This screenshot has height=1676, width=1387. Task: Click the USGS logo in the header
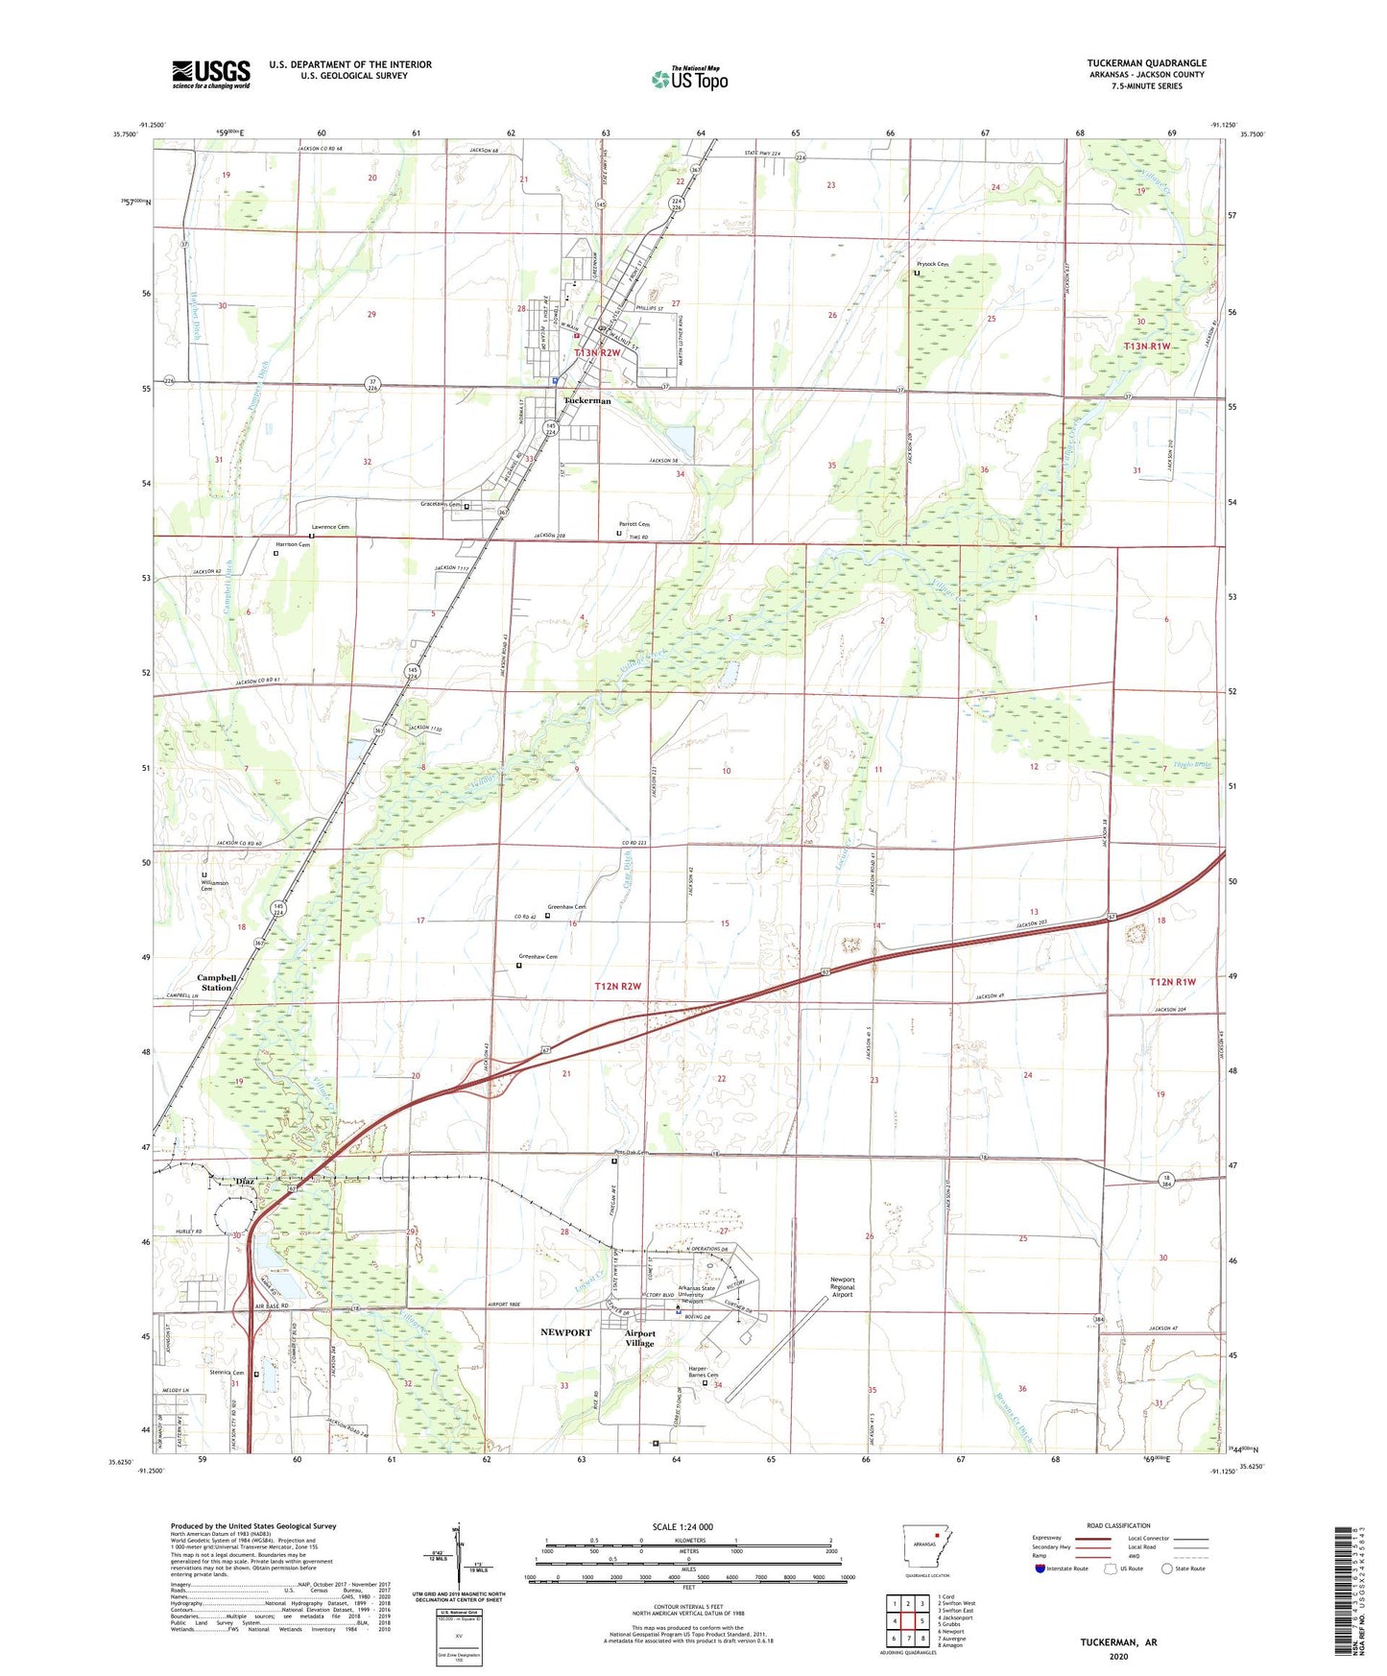[x=211, y=74]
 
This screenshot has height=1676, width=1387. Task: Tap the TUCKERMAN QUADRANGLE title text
[x=1146, y=63]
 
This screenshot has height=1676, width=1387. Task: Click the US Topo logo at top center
[x=689, y=79]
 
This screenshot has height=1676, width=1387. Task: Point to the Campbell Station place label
[x=215, y=982]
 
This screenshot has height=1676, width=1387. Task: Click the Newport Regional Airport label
[x=842, y=1286]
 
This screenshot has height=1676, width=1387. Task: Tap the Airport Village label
[x=640, y=1338]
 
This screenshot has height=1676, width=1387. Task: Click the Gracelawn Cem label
[x=441, y=504]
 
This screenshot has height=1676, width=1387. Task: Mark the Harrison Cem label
[x=292, y=544]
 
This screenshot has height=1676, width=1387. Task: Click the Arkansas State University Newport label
[x=696, y=1294]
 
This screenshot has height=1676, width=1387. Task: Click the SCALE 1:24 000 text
[x=682, y=1526]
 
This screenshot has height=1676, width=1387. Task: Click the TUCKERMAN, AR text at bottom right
[x=1118, y=1642]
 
